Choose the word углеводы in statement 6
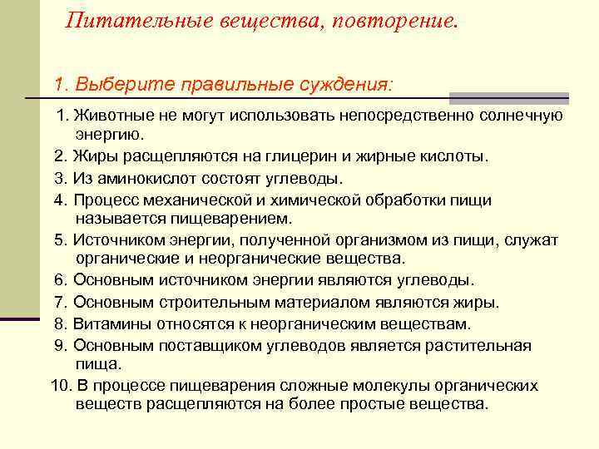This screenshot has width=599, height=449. [x=441, y=280]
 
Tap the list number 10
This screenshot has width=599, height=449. [x=60, y=386]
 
